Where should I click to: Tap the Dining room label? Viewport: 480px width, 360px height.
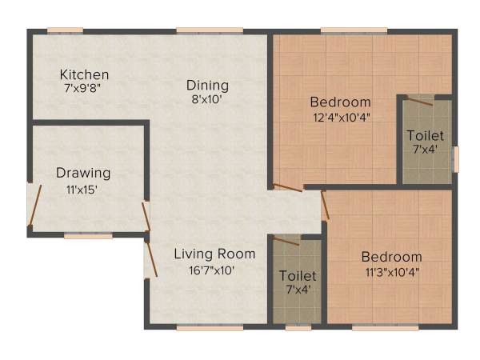pos(208,85)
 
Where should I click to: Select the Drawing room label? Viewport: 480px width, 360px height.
pos(83,172)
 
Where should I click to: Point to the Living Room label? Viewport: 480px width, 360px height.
pos(215,254)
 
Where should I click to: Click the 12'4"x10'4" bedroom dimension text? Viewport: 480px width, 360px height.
pos(341,117)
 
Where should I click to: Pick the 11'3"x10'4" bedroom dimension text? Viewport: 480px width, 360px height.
pos(391,272)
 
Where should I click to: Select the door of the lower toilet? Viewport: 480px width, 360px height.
pos(286,240)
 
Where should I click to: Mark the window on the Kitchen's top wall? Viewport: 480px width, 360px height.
pos(65,30)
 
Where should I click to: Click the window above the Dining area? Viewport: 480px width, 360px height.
pos(210,30)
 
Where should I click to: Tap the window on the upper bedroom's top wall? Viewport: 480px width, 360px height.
pos(354,30)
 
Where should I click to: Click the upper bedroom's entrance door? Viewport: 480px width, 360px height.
pos(287,189)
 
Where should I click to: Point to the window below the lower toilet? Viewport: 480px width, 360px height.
pos(298,327)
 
